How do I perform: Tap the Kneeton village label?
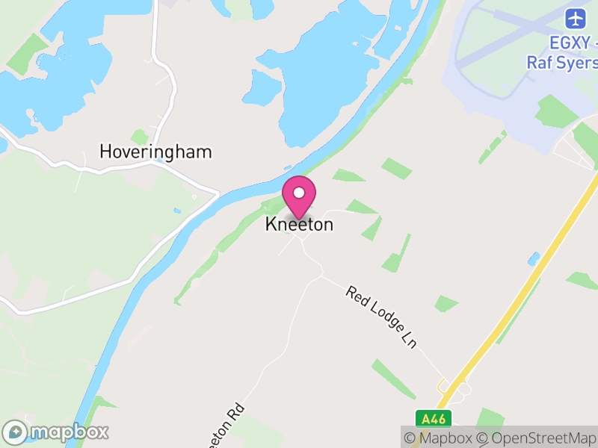point(299,224)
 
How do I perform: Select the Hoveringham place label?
point(155,152)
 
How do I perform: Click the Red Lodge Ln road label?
point(380,316)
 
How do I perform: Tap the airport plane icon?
point(576,17)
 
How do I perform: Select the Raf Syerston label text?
point(562,63)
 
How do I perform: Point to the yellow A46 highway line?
point(523,291)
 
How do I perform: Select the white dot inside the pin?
point(299,193)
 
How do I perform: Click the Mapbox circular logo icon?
point(15,432)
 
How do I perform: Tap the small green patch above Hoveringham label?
point(139,137)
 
